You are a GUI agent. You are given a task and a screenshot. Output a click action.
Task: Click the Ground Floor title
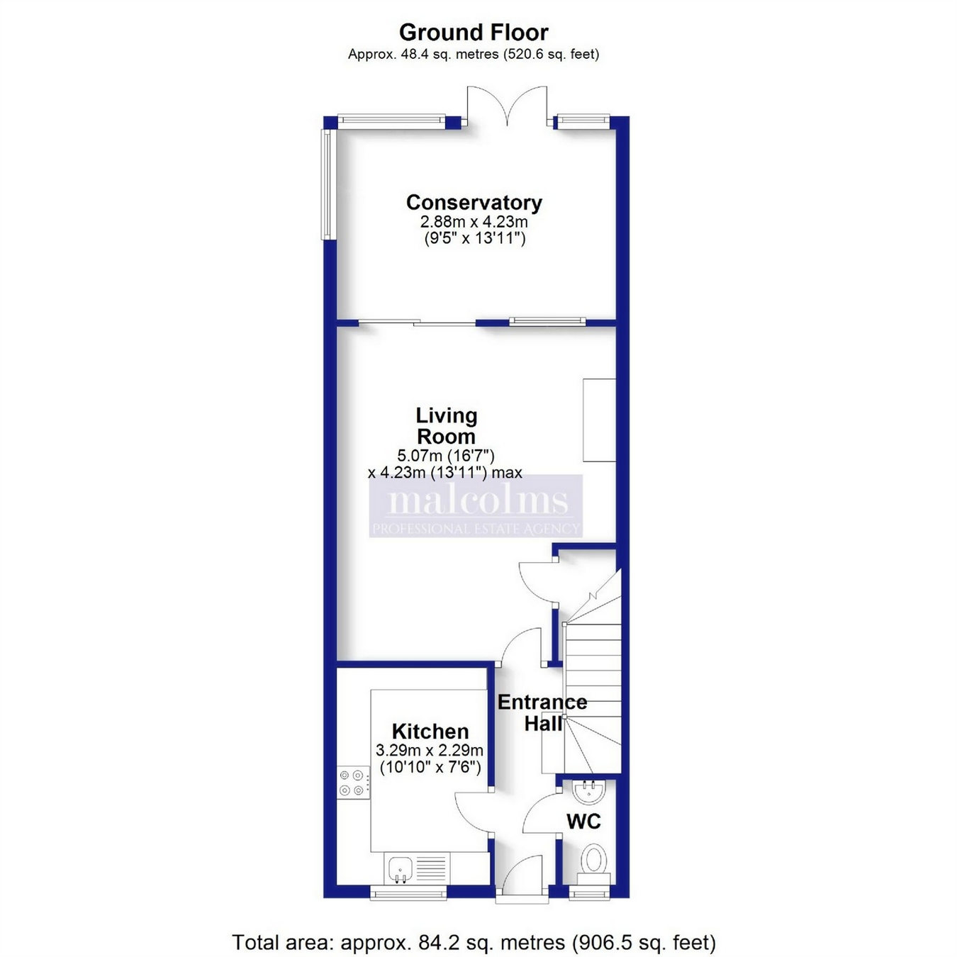(474, 33)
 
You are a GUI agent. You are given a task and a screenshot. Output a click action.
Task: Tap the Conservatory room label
(474, 203)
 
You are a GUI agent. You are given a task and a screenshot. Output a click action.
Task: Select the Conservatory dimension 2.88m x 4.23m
(474, 221)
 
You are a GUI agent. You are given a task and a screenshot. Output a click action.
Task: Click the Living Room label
(447, 425)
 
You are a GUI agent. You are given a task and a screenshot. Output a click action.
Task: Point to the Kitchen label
(430, 731)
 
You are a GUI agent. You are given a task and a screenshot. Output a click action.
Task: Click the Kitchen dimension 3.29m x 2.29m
(430, 749)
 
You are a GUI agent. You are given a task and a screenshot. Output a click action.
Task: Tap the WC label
(583, 822)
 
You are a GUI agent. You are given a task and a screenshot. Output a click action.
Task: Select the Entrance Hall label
(542, 712)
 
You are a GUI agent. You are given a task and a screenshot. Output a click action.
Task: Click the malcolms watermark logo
(476, 505)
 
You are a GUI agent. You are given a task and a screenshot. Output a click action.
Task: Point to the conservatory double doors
(507, 106)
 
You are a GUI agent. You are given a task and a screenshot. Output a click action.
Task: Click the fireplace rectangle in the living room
(599, 420)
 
